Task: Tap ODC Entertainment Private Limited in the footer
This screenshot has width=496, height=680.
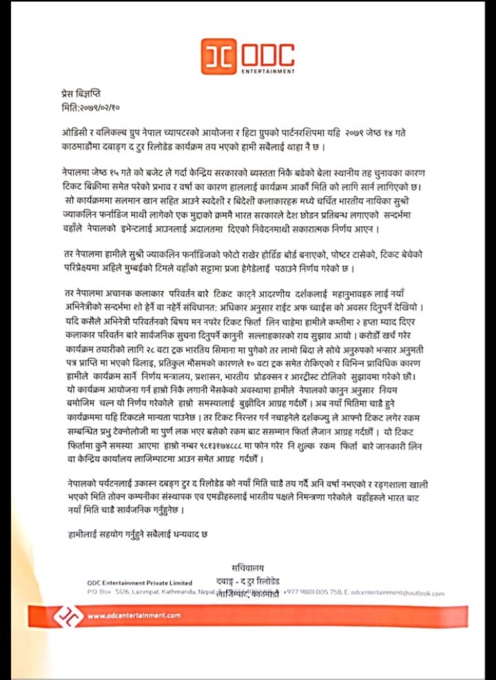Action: tap(140, 583)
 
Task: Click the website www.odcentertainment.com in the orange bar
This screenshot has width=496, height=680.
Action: tap(134, 615)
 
